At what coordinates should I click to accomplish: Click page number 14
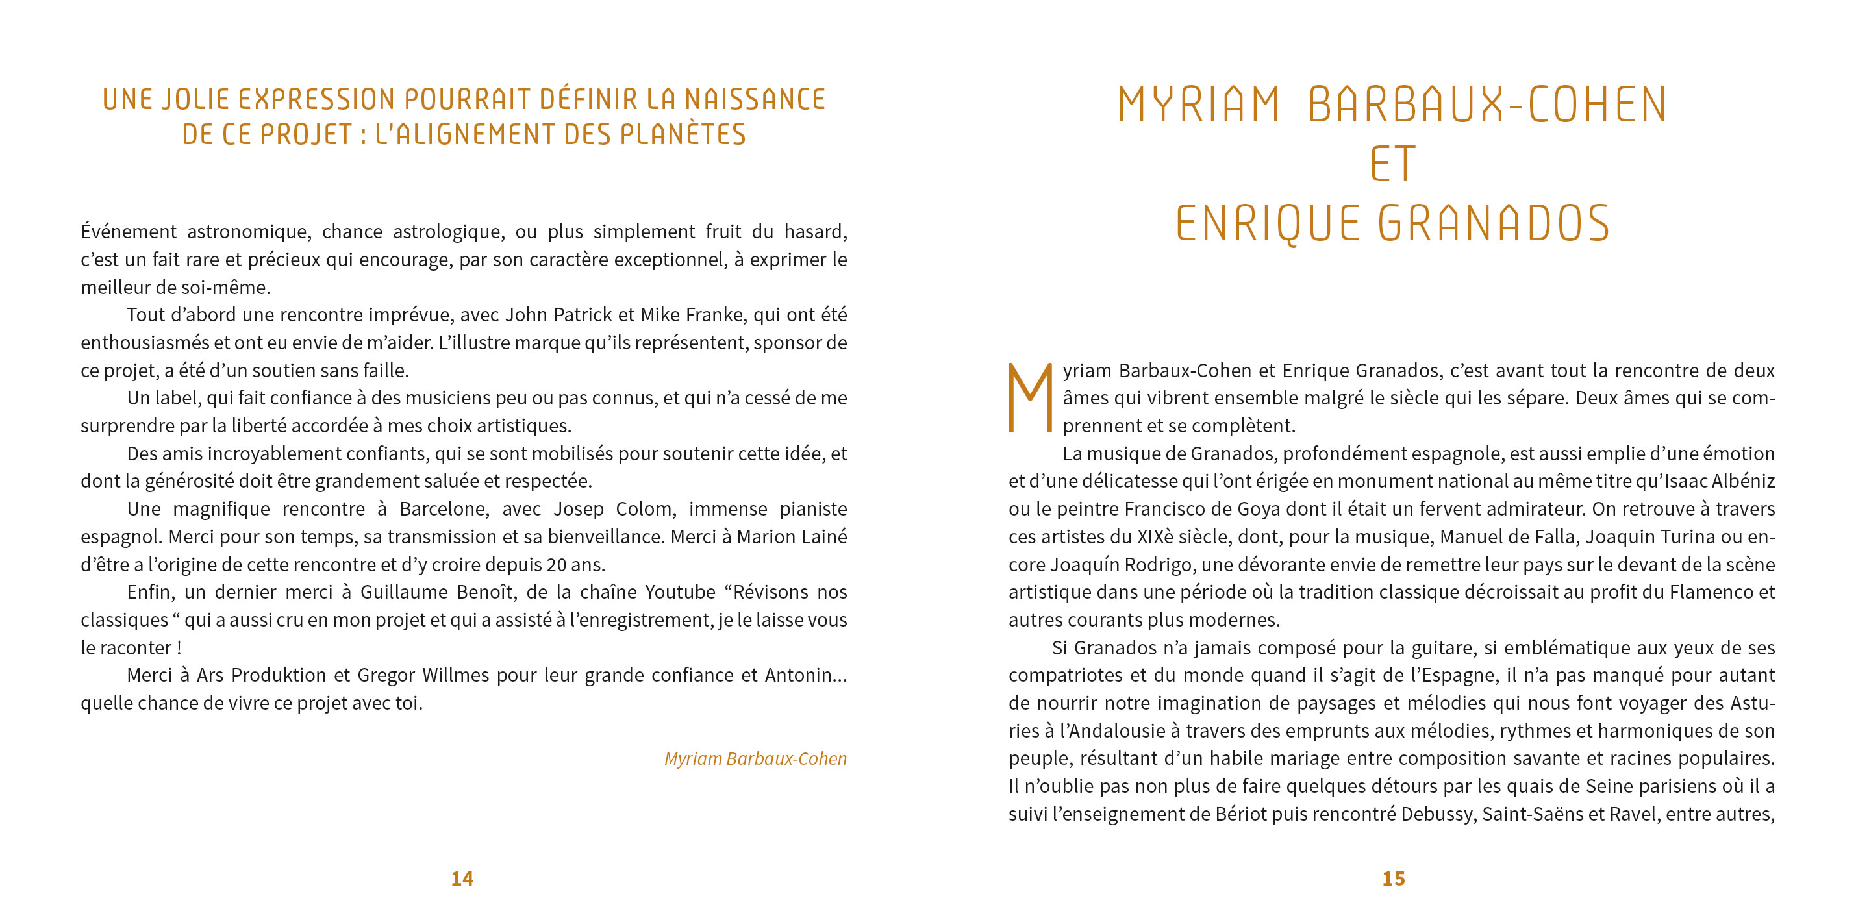(x=462, y=878)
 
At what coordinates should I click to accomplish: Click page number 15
(x=1394, y=878)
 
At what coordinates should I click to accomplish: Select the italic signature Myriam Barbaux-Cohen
(x=755, y=758)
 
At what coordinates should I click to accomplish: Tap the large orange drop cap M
(x=1031, y=398)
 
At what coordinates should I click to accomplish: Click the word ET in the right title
(x=1393, y=165)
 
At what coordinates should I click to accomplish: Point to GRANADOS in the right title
(x=1494, y=223)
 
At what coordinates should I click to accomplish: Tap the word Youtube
(x=679, y=592)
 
